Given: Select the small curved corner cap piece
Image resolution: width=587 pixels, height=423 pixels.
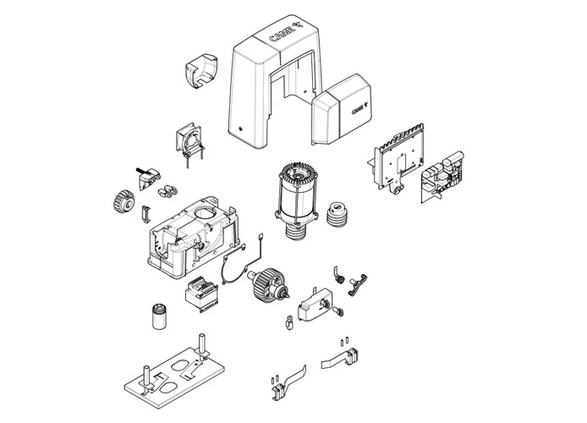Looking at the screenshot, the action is [x=201, y=71].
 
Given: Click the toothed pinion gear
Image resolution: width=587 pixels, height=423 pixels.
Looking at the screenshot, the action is [x=123, y=201].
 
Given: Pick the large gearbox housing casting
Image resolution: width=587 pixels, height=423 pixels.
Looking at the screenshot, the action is [x=194, y=238].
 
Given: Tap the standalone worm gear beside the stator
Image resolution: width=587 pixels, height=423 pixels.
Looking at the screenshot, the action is [x=338, y=215].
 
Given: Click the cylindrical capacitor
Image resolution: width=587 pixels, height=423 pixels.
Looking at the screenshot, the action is [x=160, y=316].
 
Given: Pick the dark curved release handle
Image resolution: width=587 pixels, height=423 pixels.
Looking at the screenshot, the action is [x=358, y=284].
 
